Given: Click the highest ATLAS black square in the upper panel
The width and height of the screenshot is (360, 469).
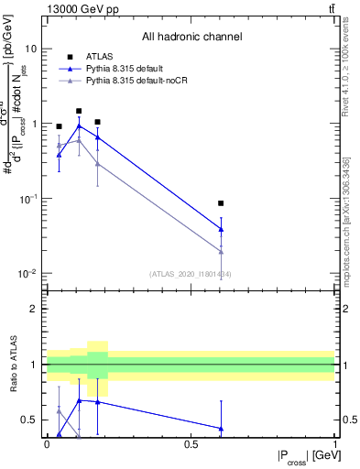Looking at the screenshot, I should [x=79, y=111].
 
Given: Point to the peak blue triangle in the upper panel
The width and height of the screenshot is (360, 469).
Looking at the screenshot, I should [x=79, y=126].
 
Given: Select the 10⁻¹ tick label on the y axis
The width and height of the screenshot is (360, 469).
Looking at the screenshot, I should [x=27, y=199].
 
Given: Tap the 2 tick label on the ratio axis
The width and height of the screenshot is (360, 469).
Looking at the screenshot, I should [x=35, y=309].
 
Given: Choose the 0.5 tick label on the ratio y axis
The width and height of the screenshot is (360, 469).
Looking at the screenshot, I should [x=30, y=420].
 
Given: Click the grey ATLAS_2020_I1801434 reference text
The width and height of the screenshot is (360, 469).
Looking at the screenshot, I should [x=191, y=274].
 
